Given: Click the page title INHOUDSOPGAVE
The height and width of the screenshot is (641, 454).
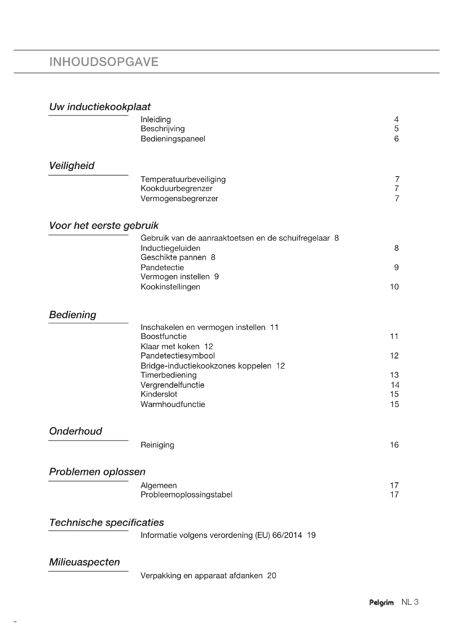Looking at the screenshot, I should (x=104, y=62).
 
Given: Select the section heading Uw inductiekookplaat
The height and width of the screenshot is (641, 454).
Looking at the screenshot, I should (x=100, y=107).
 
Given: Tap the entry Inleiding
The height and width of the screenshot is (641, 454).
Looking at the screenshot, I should (x=156, y=119).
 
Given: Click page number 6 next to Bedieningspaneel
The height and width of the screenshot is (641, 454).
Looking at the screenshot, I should (x=396, y=139).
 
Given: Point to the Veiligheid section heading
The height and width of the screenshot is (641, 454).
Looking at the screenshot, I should (x=72, y=166).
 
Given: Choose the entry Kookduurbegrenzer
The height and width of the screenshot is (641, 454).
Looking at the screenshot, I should (x=176, y=189).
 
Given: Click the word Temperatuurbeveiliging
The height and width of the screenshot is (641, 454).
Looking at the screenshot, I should (x=183, y=179).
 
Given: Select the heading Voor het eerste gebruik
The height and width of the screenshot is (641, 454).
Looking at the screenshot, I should (x=104, y=226).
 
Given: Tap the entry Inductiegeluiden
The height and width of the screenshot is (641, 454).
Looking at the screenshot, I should (x=170, y=248).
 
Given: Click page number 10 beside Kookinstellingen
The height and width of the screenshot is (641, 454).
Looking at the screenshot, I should (x=394, y=287).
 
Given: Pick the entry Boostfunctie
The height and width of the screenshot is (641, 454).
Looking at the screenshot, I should (x=164, y=337).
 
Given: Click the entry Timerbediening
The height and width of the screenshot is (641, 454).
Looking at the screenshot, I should (x=169, y=375).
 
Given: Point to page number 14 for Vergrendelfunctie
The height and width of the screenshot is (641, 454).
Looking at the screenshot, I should (x=395, y=385).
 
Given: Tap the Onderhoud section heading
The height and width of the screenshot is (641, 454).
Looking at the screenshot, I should (x=75, y=431).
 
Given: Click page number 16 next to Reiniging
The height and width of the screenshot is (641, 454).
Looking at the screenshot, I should (x=394, y=445).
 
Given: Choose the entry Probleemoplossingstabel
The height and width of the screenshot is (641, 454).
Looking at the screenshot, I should (x=186, y=495).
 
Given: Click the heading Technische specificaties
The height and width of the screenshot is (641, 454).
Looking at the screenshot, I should (x=107, y=523).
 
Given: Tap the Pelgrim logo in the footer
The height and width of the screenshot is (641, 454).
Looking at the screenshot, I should (x=381, y=602).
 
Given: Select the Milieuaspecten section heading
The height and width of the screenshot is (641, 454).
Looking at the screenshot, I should (x=85, y=562).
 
